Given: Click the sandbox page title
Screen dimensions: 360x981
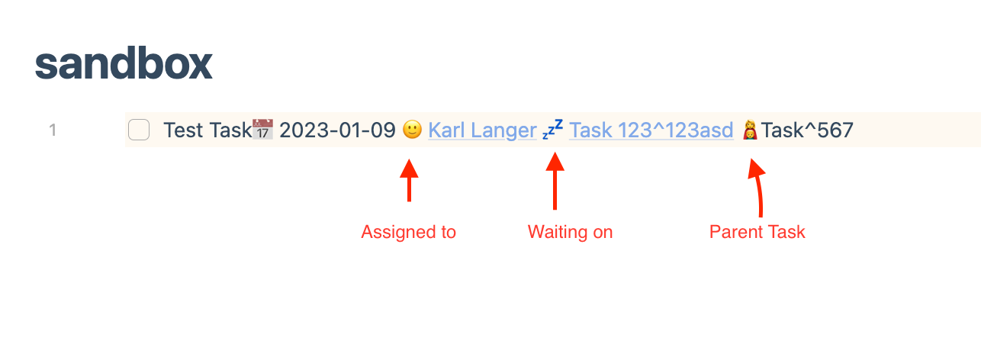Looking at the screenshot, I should pos(124,64).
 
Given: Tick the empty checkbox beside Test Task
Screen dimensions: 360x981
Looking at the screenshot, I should pos(139,130).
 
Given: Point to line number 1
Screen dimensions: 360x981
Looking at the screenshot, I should pos(53,130).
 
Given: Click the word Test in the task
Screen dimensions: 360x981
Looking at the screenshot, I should pos(183,130).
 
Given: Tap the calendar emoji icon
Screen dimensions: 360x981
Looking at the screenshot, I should pos(263,130).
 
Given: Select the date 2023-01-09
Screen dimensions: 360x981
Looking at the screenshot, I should pos(337,130).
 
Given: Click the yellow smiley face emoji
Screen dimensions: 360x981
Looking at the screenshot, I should pos(412,130).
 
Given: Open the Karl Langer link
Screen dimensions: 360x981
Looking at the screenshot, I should pos(482,130).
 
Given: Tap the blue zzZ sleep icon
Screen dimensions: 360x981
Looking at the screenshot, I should pos(553,130).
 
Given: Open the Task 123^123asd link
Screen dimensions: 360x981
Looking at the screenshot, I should pos(651,130).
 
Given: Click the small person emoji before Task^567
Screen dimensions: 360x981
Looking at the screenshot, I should pos(751,130).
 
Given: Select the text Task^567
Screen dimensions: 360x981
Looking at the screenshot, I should pos(807,130).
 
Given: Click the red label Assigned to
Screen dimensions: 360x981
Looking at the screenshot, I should pos(408,232).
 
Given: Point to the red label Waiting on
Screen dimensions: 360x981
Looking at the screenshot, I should pos(570,232).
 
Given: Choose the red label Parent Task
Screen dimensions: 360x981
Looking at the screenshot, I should pos(757,232).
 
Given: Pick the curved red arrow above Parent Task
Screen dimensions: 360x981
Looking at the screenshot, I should pos(757,188).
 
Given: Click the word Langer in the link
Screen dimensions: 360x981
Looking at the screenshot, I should pos(508,130).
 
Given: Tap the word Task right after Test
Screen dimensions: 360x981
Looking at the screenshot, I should pos(230,130).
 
